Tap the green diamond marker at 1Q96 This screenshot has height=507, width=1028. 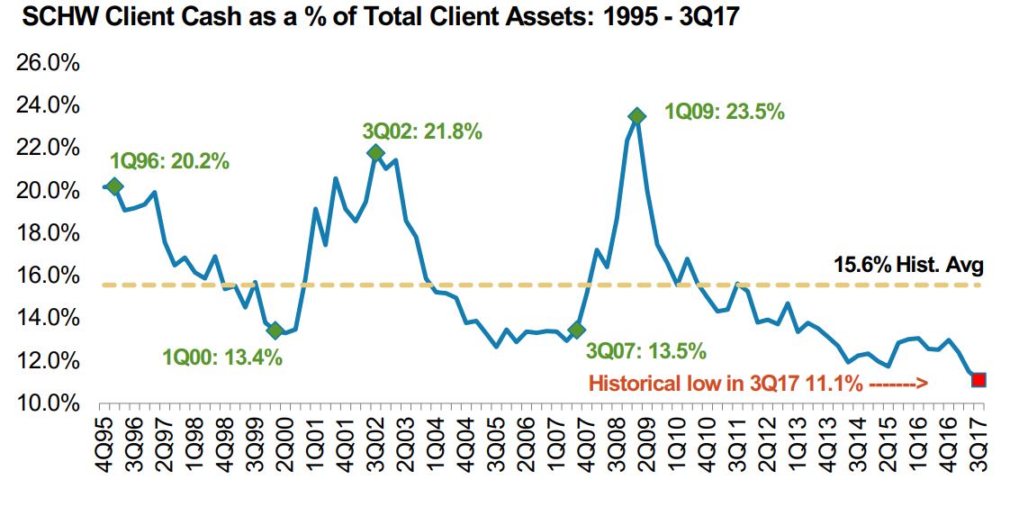pos(114,186)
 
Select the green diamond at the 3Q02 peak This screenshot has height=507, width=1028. pos(375,152)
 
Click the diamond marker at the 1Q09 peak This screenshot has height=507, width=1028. pos(637,116)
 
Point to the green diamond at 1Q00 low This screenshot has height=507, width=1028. pos(276,330)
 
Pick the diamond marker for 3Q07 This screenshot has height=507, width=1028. pos(577,330)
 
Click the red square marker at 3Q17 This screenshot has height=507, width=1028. pos(978,379)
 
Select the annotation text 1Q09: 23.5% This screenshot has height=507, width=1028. pos(725,113)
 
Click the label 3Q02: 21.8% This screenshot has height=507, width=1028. pos(422,131)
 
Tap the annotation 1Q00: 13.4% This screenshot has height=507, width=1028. pos(222,358)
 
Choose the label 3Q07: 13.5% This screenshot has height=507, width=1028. pos(645,350)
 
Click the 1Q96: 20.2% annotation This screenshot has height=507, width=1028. pos(169,162)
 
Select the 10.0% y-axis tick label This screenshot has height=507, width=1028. pos(57,403)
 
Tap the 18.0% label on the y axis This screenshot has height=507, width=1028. pos(57,233)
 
